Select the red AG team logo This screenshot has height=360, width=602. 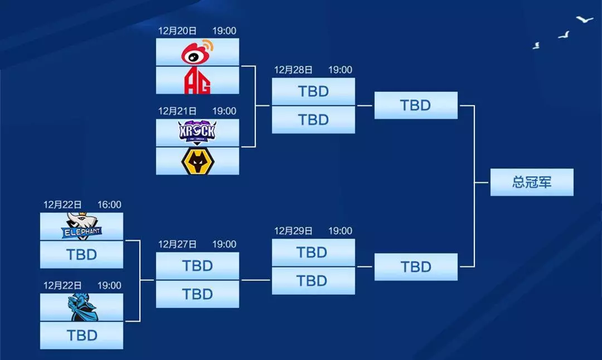coord(197,80)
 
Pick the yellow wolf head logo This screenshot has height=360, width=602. coord(197,161)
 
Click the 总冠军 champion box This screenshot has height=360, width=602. coord(532,182)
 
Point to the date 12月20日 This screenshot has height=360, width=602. coord(177,31)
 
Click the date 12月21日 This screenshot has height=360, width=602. coord(177,111)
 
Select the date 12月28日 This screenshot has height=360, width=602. coord(293,70)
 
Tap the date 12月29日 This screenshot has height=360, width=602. coord(293,231)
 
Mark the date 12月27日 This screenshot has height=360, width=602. coord(177,244)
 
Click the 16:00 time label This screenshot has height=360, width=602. coord(109,205)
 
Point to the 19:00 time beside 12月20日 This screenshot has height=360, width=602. coord(224,31)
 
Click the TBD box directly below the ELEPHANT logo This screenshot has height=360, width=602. coord(82,255)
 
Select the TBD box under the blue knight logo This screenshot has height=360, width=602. coord(82,335)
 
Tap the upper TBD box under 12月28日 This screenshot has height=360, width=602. coord(313,91)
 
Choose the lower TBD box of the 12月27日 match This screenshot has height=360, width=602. coord(197,294)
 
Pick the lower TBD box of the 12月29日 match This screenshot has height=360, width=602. coord(313,281)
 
